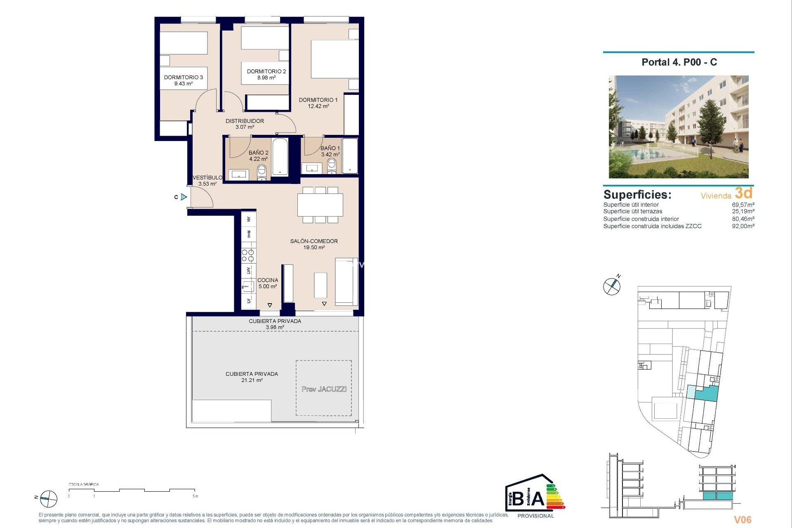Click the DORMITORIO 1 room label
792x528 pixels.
(318, 100)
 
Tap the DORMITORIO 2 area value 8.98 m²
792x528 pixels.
(266, 78)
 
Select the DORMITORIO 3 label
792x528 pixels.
(184, 77)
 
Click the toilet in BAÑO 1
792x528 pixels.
(332, 165)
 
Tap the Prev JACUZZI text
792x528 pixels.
(324, 389)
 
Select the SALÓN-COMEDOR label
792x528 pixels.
(314, 241)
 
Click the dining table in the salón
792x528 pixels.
(320, 205)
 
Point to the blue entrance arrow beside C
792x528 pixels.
(184, 197)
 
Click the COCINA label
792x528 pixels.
(268, 280)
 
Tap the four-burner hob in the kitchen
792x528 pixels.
(248, 256)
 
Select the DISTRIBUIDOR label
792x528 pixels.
(245, 121)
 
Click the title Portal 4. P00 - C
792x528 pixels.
(679, 62)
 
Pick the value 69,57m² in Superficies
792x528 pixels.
(743, 205)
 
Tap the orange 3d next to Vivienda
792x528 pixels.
(744, 193)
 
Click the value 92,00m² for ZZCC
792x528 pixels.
(743, 226)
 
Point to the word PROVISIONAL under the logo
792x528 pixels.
(535, 516)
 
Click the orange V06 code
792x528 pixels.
(742, 520)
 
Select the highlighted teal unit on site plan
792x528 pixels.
(706, 394)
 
